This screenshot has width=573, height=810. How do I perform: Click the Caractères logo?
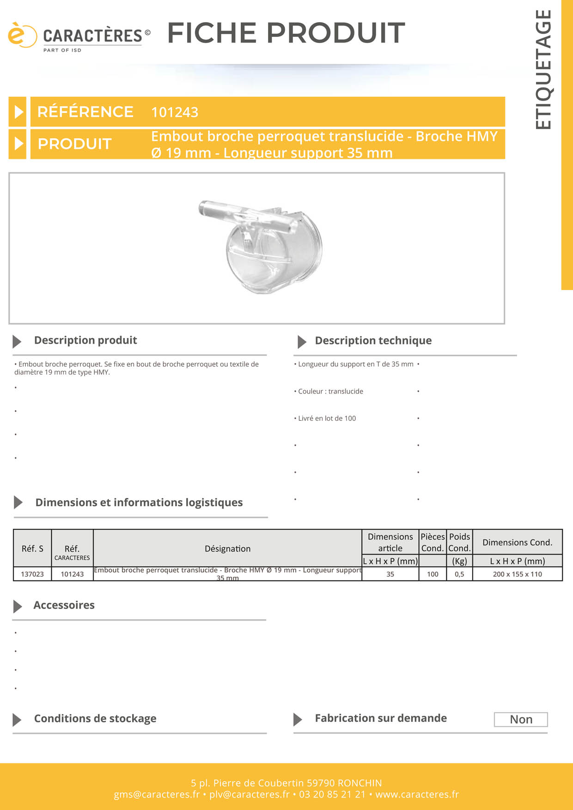tap(79, 37)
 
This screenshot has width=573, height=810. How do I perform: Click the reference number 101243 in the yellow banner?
tap(175, 112)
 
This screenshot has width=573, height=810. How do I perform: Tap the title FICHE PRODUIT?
tap(286, 33)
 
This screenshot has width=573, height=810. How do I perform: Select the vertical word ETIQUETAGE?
tap(543, 69)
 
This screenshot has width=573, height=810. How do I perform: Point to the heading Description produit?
tap(85, 340)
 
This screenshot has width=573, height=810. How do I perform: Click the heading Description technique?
tap(373, 341)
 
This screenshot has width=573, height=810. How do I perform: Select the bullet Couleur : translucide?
tap(330, 392)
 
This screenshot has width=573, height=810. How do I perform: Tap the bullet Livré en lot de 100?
tap(327, 418)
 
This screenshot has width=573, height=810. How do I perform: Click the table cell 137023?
tap(32, 574)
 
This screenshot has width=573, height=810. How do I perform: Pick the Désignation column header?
tap(227, 549)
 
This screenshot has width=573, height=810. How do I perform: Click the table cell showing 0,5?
tap(459, 574)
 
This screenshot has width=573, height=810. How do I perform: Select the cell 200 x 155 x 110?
tap(517, 574)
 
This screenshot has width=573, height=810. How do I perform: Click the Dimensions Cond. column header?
tap(517, 542)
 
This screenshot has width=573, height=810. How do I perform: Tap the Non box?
tap(521, 719)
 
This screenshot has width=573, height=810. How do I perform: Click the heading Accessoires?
tap(64, 605)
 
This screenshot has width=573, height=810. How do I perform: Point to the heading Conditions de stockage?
tap(95, 719)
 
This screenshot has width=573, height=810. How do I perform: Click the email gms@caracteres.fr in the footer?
tap(157, 794)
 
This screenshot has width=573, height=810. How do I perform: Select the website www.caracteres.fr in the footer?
tap(417, 794)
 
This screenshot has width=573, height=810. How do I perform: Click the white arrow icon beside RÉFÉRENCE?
tap(18, 112)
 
